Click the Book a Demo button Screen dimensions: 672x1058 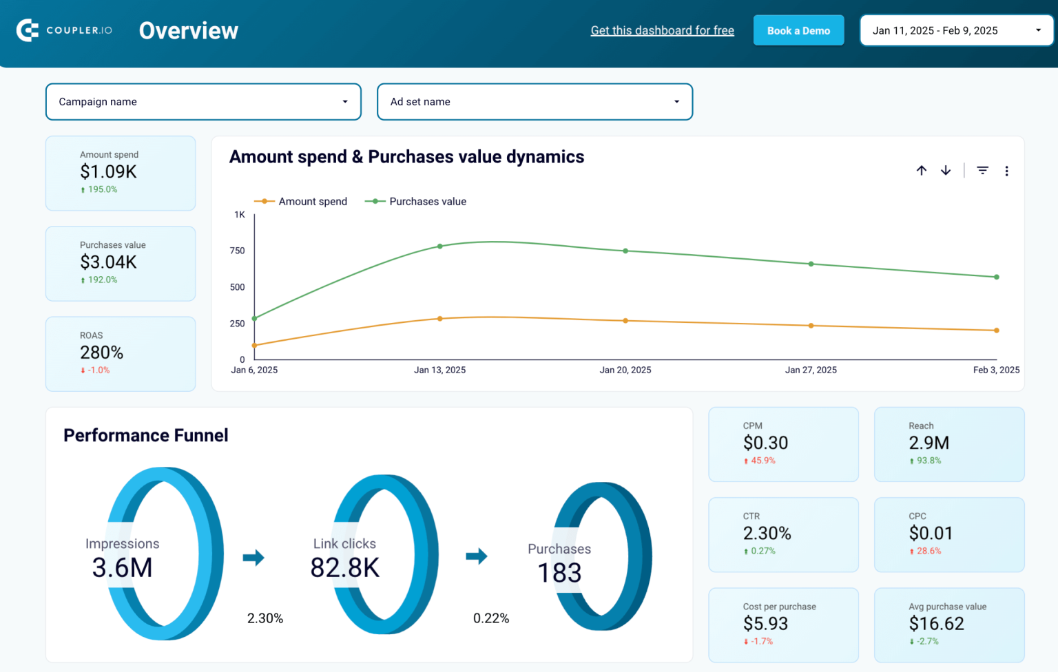[x=798, y=30]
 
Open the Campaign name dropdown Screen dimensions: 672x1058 [x=203, y=102]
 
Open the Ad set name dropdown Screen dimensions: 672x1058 [x=535, y=102]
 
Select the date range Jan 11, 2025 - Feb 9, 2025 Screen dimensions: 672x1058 [x=956, y=30]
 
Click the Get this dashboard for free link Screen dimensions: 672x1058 [x=662, y=30]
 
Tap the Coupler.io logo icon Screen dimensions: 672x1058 [x=28, y=30]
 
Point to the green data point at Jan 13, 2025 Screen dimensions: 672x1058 [x=440, y=246]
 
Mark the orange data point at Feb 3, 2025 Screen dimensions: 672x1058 [x=997, y=330]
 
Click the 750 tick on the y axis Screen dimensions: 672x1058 [x=238, y=251]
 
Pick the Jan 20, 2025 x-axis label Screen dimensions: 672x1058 [x=625, y=370]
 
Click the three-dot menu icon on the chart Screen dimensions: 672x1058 [x=1006, y=171]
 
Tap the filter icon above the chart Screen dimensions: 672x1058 [x=983, y=170]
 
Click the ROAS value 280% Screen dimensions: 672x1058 [x=102, y=353]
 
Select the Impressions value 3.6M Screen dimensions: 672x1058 [x=123, y=568]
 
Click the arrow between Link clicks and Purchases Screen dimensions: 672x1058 [x=477, y=556]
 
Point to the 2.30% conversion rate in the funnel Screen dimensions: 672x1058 [x=265, y=618]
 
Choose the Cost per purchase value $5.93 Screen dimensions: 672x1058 [x=765, y=624]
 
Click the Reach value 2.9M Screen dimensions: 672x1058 [x=929, y=443]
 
